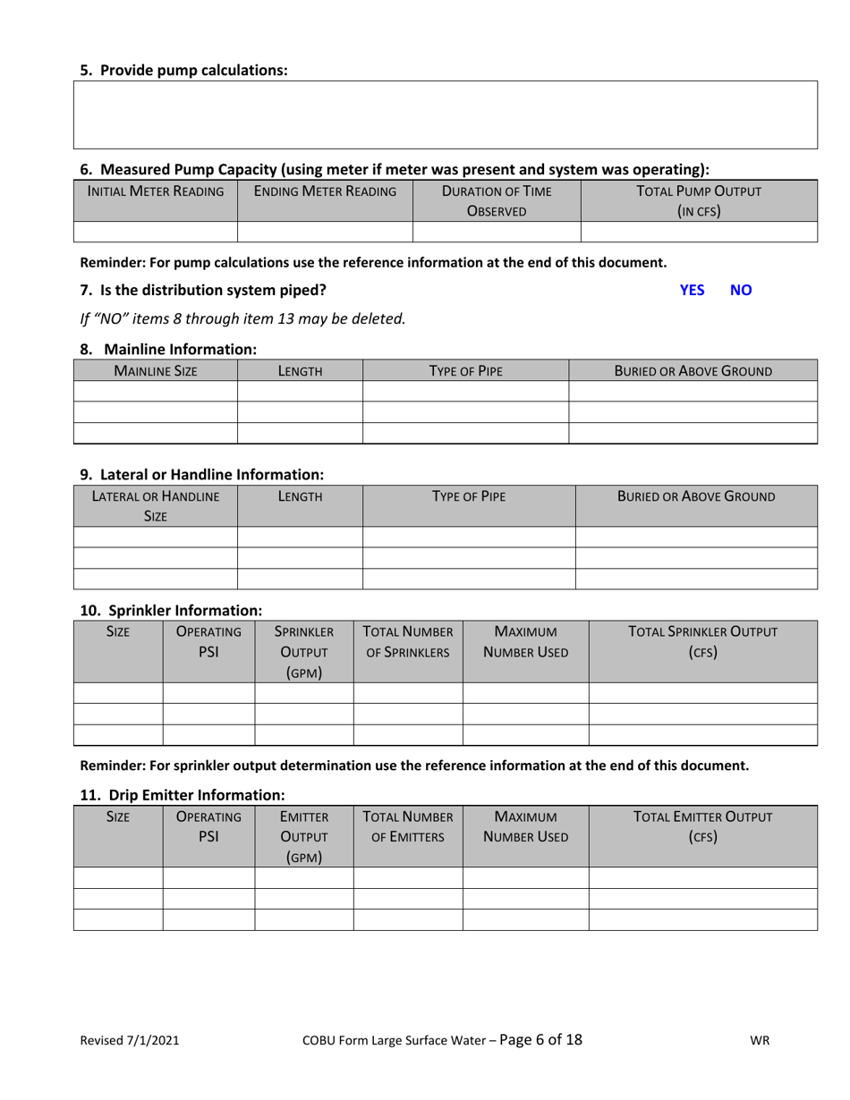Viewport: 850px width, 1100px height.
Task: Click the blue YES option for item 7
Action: coord(692,290)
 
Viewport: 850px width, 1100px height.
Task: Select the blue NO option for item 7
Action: coord(742,290)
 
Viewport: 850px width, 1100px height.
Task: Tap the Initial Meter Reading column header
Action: coord(155,190)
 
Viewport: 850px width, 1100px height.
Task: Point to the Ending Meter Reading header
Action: coord(325,190)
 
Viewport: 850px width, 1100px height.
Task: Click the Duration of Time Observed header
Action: coord(497,201)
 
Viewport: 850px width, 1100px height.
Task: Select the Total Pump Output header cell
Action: coord(699,201)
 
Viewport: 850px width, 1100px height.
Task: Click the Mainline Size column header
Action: coord(155,370)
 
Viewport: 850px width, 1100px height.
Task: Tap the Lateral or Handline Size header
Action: coord(156,505)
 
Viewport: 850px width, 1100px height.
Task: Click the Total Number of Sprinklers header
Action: coord(408,641)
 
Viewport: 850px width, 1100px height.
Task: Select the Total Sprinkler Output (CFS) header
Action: coord(702,641)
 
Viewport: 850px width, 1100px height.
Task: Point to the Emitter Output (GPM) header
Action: coord(304,836)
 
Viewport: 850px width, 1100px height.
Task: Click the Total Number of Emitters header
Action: coord(408,826)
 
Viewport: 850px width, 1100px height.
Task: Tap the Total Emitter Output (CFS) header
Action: coord(702,826)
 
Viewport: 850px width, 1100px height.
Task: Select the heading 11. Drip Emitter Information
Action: coord(183,794)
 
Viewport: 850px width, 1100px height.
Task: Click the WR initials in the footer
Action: coord(761,1040)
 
